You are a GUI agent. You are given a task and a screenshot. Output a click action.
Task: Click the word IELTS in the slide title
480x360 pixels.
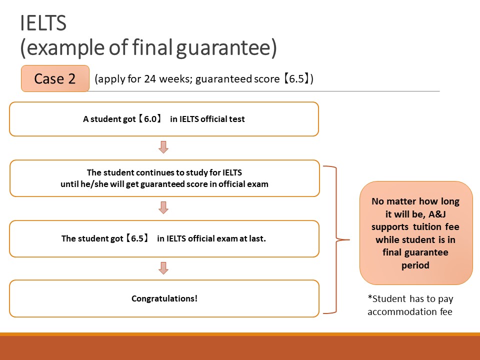tap(43, 23)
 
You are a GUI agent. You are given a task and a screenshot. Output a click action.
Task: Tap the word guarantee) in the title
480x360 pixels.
tap(226, 47)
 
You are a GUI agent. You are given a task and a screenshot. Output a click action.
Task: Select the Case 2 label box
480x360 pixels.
tap(55, 78)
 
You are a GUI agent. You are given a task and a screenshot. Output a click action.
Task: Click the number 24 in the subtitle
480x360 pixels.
tap(150, 79)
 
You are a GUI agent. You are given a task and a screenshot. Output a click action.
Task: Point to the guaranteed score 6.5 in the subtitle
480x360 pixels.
tap(296, 79)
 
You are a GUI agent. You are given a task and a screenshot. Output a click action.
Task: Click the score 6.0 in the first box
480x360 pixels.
tap(150, 119)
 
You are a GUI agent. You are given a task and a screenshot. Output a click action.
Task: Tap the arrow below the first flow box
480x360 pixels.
tap(163, 147)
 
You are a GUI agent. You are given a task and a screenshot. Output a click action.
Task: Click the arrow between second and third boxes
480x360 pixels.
tap(163, 207)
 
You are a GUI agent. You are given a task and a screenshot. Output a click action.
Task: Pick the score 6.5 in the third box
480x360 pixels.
tap(137, 238)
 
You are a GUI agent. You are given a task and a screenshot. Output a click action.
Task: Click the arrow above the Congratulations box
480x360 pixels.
tap(163, 268)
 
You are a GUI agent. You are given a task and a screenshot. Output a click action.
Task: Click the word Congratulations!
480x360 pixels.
tap(164, 298)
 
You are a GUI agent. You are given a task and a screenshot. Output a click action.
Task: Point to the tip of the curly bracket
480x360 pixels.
tap(349, 239)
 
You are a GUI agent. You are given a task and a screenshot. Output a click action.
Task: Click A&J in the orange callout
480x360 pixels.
tap(437, 214)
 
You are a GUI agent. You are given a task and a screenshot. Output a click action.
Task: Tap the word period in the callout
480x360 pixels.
tap(415, 265)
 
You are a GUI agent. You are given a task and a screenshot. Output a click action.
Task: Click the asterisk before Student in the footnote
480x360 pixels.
tap(370, 296)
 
